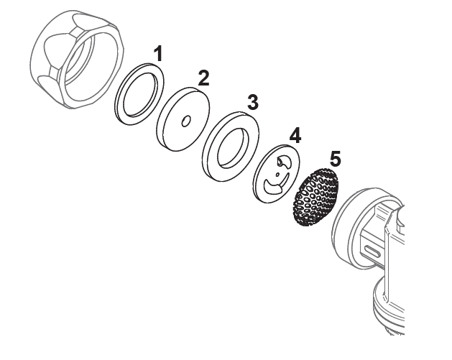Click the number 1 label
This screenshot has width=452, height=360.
158,54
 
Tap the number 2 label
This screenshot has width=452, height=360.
203,78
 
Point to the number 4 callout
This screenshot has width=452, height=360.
295,135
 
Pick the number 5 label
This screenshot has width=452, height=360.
336,159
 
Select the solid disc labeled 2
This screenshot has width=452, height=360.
183,119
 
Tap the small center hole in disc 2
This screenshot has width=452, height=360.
186,121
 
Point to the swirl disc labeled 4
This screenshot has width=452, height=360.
276,174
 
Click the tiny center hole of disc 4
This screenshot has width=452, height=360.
277,174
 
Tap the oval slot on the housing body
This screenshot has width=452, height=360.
374,249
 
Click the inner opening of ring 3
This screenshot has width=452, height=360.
233,147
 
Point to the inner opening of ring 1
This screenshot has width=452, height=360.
141,94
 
